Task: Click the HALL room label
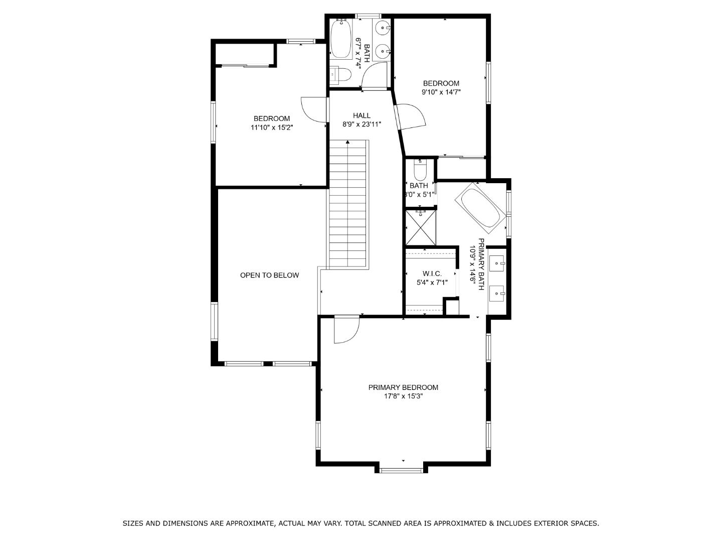[361, 115]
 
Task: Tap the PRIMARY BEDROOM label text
[403, 387]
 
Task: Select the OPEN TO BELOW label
[269, 275]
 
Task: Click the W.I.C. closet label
[432, 274]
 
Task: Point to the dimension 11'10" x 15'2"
[271, 127]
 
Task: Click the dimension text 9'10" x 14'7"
[441, 92]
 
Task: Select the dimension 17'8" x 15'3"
[403, 396]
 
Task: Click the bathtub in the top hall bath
[341, 39]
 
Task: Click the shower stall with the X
[421, 227]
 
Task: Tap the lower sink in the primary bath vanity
[497, 292]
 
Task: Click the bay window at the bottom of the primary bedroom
[401, 470]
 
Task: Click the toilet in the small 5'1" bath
[420, 170]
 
